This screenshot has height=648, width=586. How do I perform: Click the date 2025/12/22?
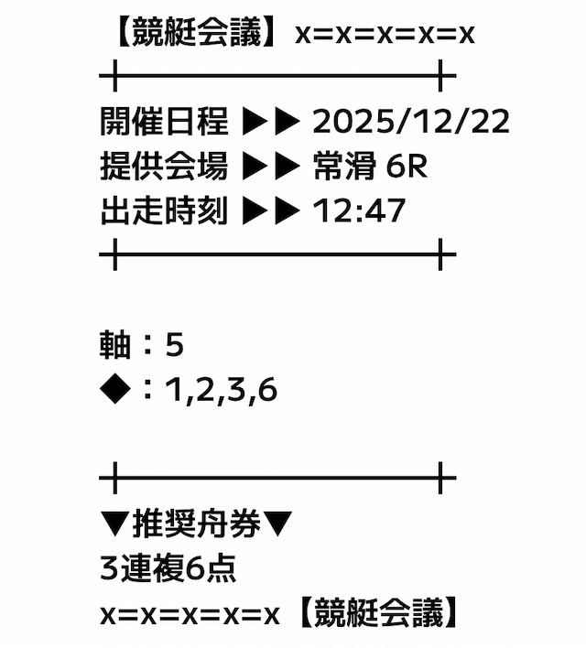[411, 122]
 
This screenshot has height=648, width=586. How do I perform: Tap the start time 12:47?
[359, 211]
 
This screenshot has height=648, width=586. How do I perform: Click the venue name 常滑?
[342, 167]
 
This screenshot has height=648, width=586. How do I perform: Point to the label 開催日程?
[164, 122]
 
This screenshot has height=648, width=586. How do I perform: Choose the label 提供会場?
[164, 167]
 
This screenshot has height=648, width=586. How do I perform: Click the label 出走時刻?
[164, 211]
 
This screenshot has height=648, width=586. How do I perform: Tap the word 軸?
[115, 346]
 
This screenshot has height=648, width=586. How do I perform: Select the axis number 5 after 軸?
[175, 346]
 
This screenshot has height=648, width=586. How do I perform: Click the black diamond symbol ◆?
[115, 391]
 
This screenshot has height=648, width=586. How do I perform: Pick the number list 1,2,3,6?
[221, 392]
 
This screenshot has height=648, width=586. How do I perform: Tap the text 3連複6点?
[168, 569]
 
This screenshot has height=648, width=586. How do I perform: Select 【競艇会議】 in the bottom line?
[375, 614]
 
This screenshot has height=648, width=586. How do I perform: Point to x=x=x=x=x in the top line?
[385, 35]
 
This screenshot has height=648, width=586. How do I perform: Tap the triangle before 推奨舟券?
[115, 525]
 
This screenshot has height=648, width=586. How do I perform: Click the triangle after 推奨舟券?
[278, 525]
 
